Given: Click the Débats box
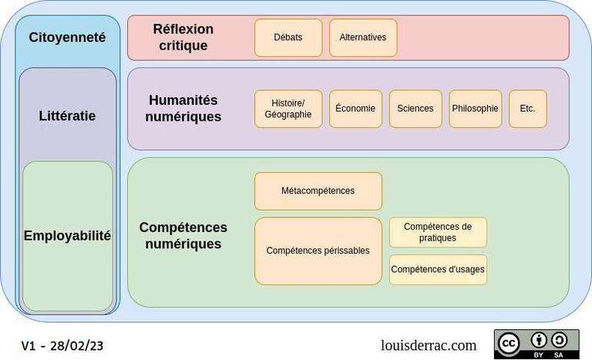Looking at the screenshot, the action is pyautogui.click(x=288, y=38).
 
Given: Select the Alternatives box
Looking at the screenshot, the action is pyautogui.click(x=363, y=38).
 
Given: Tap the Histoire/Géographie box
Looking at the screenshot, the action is pyautogui.click(x=288, y=109).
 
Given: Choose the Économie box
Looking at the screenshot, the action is pyautogui.click(x=355, y=109).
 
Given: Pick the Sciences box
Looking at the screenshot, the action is pyautogui.click(x=415, y=109).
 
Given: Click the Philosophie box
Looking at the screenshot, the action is pyautogui.click(x=476, y=109).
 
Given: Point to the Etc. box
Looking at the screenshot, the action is pyautogui.click(x=528, y=109).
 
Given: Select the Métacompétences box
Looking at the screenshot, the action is pyautogui.click(x=318, y=191).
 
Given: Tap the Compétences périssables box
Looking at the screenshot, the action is pyautogui.click(x=318, y=251).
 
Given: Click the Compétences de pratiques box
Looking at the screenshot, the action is pyautogui.click(x=438, y=232).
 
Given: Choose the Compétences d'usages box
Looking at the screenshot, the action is pyautogui.click(x=438, y=270).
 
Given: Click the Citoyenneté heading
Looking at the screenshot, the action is pyautogui.click(x=67, y=38).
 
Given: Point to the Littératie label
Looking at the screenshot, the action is pyautogui.click(x=67, y=116).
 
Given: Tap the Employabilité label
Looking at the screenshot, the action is pyautogui.click(x=67, y=236).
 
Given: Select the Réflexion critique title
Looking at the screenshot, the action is pyautogui.click(x=183, y=37).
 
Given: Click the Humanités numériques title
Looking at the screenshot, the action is pyautogui.click(x=183, y=109).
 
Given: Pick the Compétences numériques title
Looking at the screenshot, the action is pyautogui.click(x=183, y=235).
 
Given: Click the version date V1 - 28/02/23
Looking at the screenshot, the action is pyautogui.click(x=62, y=345).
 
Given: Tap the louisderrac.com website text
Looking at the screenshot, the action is pyautogui.click(x=429, y=345).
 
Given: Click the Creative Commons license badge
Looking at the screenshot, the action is pyautogui.click(x=536, y=344).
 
